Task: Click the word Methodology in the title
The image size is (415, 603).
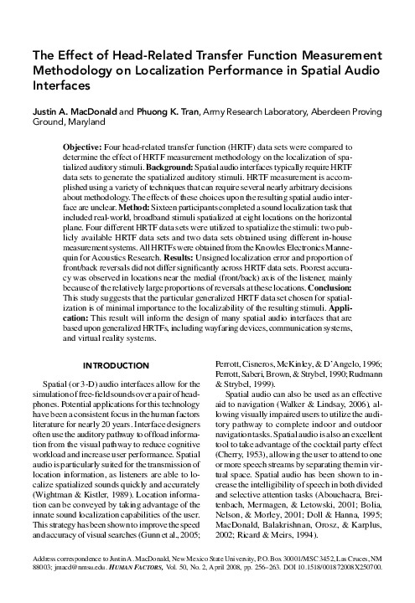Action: [x=71, y=70]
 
